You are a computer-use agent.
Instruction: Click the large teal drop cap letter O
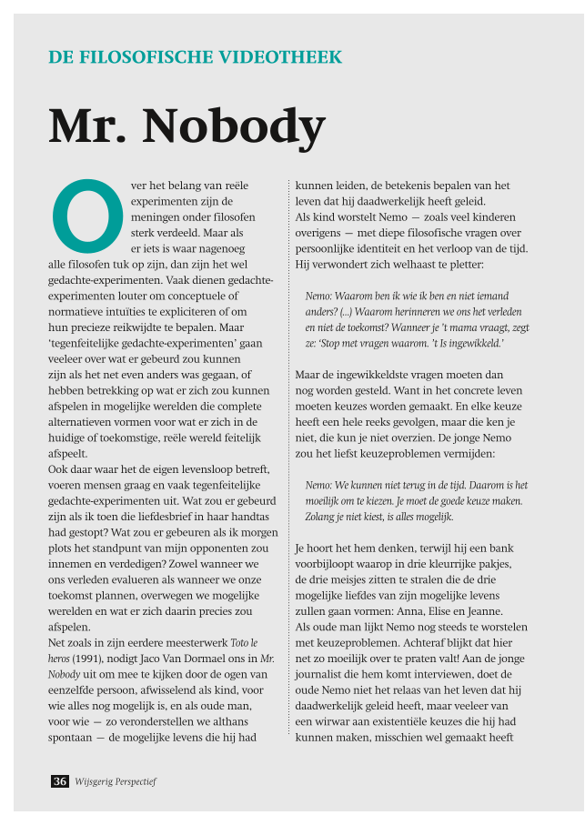(87, 215)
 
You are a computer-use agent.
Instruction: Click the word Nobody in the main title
(234, 126)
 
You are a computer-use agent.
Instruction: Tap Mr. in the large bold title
(87, 126)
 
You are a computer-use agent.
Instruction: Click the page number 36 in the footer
(60, 781)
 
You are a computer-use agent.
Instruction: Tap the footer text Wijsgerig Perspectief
(117, 781)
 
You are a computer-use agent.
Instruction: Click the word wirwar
(331, 721)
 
